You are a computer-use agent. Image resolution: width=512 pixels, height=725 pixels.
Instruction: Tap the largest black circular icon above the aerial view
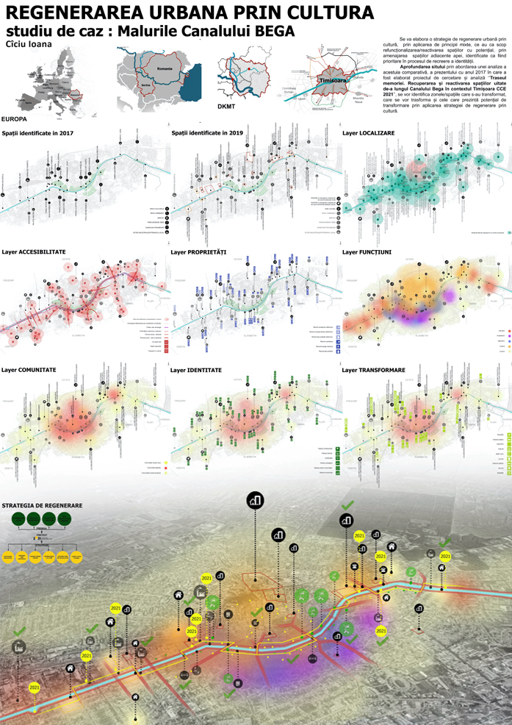click(255, 500)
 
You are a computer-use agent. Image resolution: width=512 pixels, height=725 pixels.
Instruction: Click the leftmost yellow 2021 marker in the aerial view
click(34, 687)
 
